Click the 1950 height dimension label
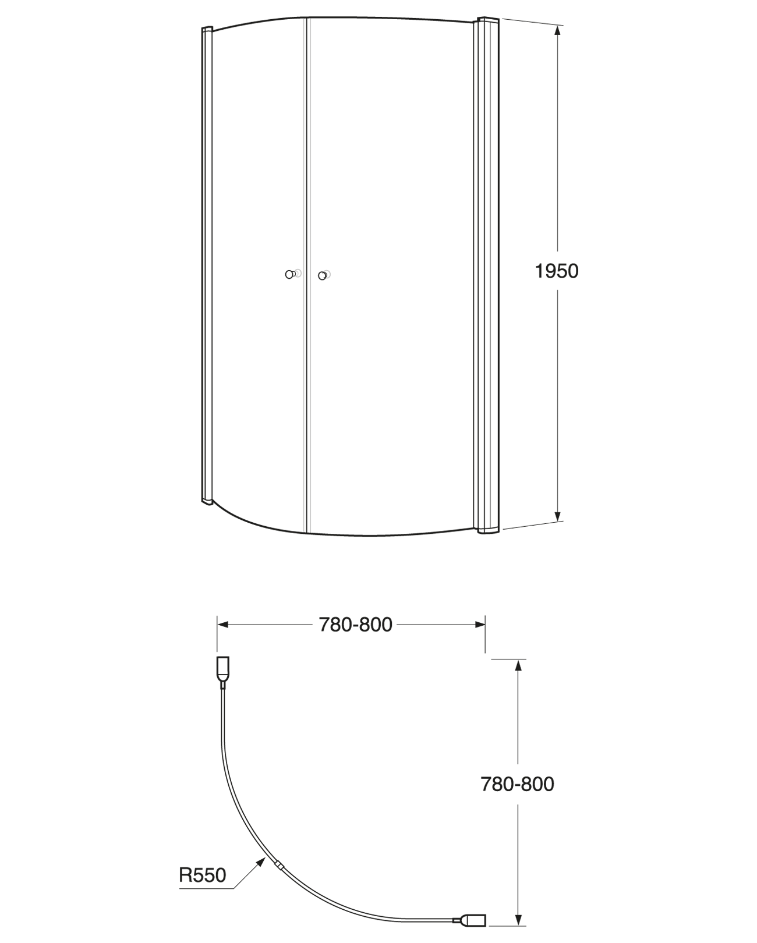[x=557, y=271]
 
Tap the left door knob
[x=289, y=274]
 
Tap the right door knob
[x=322, y=275]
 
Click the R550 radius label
[x=202, y=874]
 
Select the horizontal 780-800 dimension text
[x=355, y=625]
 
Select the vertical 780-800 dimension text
[x=517, y=784]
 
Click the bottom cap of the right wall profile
[x=487, y=530]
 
